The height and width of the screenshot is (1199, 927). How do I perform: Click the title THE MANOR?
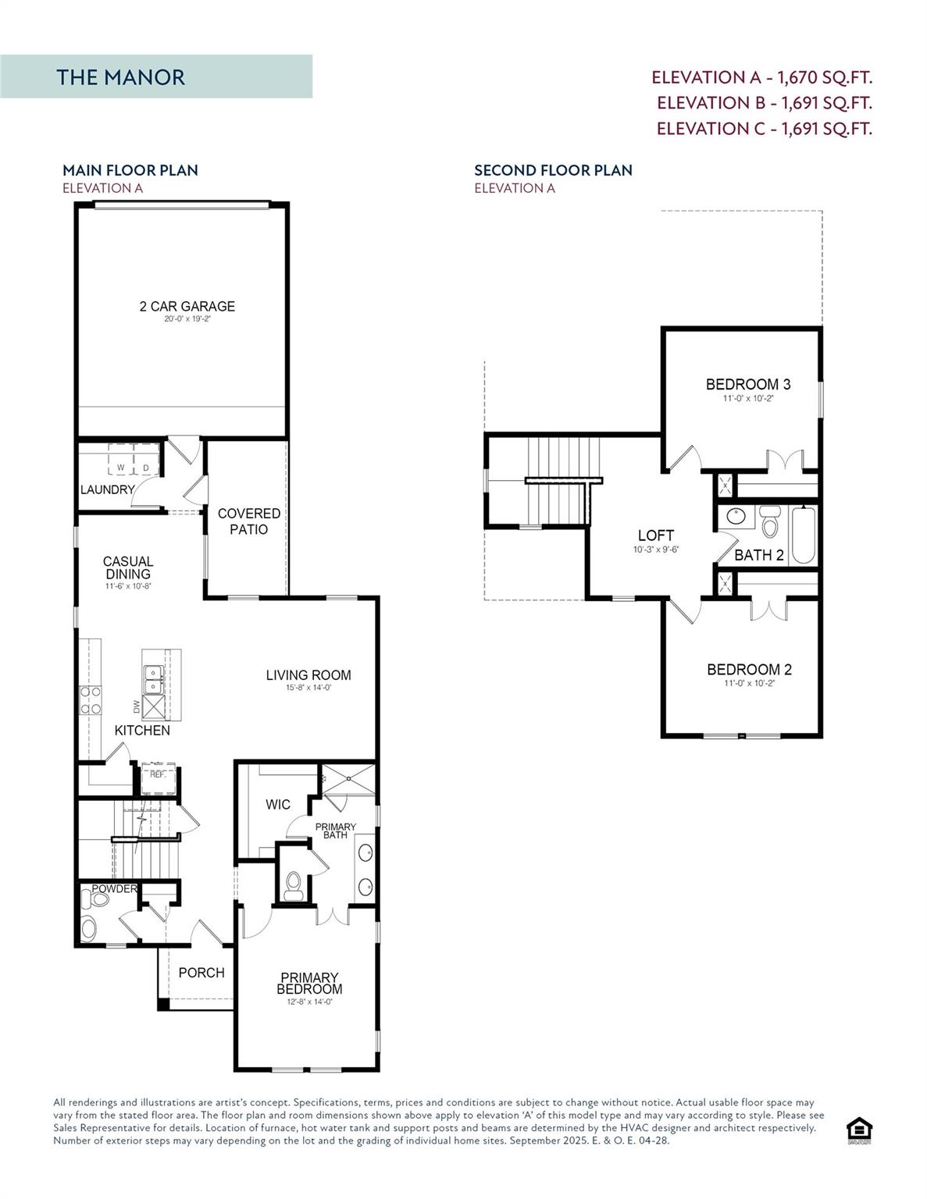pos(120,77)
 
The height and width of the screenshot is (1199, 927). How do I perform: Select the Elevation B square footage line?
pos(764,103)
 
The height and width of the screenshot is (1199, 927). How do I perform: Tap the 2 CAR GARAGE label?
pos(187,307)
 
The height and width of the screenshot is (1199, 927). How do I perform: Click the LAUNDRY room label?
pos(107,490)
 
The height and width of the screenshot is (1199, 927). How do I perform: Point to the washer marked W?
pos(120,468)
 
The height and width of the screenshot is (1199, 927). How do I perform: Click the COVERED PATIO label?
pos(248,521)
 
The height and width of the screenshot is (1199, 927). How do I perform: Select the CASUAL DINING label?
pos(128,567)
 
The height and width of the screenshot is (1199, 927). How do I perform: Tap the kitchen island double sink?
pos(153,678)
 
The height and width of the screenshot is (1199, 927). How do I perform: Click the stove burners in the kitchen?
pos(91,700)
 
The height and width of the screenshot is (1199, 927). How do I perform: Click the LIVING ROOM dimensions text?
pos(308,688)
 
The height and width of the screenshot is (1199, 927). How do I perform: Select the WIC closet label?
pos(278,805)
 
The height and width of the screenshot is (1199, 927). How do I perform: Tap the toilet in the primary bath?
pos(294,884)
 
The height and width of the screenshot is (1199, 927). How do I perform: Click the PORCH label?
pos(201,973)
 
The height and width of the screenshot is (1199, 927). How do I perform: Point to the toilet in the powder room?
pos(98,900)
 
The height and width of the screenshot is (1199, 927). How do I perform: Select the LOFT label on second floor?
pos(655,535)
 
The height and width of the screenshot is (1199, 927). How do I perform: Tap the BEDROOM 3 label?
pos(747,384)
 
